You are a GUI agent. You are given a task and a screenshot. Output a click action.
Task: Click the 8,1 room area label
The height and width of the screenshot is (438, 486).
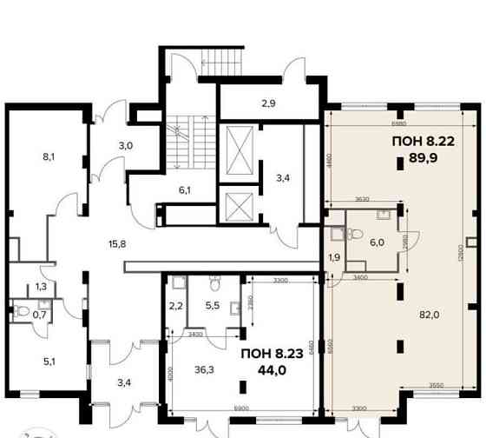click(x=49, y=158)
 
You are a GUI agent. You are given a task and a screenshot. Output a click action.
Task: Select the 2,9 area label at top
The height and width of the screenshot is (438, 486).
click(x=269, y=103)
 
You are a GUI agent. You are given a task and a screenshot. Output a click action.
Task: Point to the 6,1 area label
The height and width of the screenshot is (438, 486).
click(x=185, y=189)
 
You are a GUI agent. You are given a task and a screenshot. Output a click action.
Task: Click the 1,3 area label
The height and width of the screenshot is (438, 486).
click(x=40, y=286)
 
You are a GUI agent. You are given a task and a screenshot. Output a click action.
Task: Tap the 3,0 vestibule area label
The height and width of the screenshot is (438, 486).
click(x=126, y=145)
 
